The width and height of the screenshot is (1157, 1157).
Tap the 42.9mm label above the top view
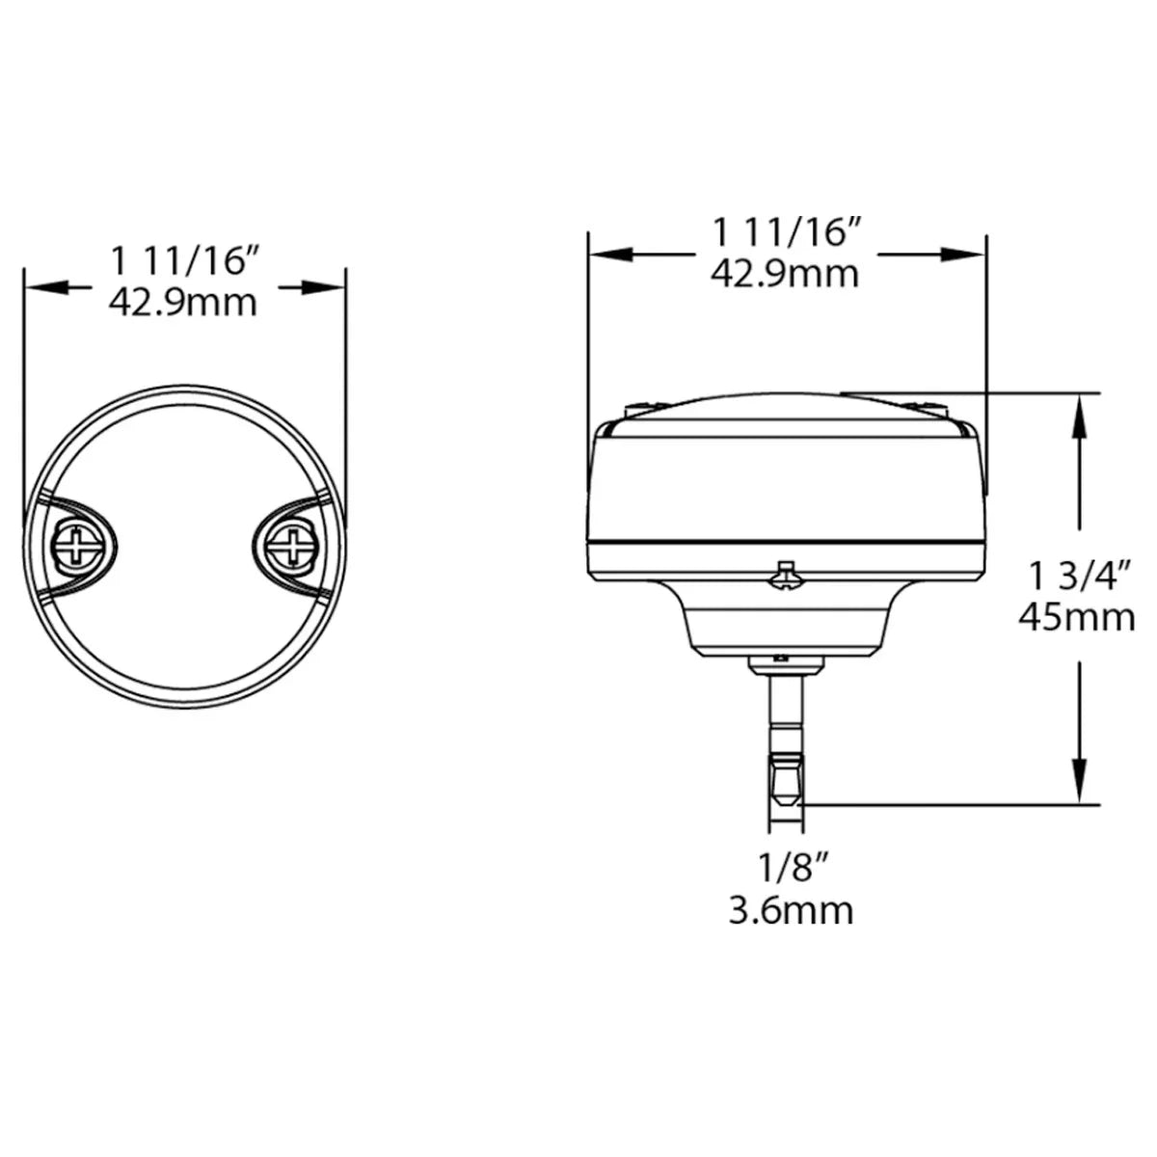point(183,303)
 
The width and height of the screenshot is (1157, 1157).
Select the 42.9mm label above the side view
point(785,273)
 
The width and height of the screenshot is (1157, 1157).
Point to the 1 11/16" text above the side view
point(785,232)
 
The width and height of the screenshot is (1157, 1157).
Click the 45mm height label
point(1077,615)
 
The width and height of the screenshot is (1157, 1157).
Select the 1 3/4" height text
point(1077,577)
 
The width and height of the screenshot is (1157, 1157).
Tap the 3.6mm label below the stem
point(791,909)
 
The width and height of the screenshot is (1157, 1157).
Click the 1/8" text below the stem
point(791,870)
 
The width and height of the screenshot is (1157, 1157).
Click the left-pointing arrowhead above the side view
point(611,255)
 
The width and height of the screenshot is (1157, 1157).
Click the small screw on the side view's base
point(785,576)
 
